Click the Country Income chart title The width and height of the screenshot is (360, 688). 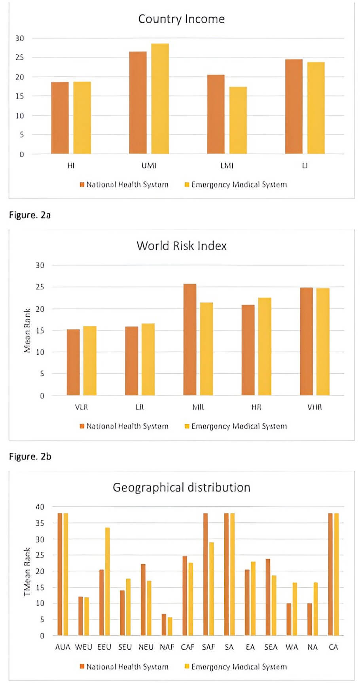tap(181, 19)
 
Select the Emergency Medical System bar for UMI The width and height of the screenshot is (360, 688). tap(160, 99)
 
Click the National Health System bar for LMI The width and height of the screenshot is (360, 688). tap(216, 114)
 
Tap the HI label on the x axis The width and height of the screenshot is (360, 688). tap(71, 166)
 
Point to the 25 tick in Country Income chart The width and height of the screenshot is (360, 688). tap(20, 58)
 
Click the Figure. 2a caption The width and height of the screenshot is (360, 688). tap(30, 215)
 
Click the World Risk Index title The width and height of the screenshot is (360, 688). tap(182, 246)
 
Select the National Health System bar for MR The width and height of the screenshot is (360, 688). tap(189, 340)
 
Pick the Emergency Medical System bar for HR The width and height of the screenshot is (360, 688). tap(265, 346)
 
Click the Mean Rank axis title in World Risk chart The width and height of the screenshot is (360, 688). tap(27, 331)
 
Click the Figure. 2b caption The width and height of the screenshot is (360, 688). tap(30, 457)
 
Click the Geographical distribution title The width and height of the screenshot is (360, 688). tap(182, 488)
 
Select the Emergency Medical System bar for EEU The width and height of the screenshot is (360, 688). tap(107, 582)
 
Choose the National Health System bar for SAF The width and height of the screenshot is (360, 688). tap(205, 574)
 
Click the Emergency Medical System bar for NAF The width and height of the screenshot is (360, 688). tap(170, 626)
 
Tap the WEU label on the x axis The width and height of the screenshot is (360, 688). tap(83, 647)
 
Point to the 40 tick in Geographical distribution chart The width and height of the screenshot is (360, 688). tap(40, 507)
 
